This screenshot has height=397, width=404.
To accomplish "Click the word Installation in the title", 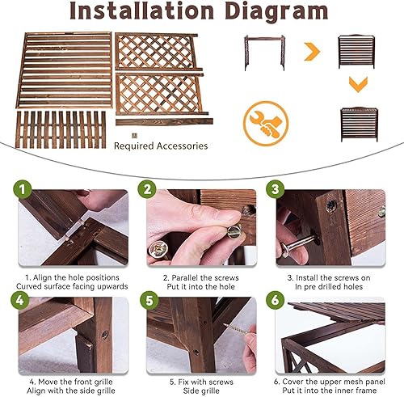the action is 141,11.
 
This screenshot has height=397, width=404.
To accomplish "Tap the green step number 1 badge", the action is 22,189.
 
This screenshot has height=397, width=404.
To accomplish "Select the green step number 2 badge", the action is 147,189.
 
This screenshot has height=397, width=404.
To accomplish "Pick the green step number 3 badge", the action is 276,189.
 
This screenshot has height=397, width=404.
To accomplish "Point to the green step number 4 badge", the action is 20,300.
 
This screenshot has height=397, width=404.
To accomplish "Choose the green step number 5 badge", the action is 149,300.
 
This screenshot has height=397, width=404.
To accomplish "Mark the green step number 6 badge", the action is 276,300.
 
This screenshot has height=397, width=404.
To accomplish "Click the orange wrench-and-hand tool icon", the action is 266,124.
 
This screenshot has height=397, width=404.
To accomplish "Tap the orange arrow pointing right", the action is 313,51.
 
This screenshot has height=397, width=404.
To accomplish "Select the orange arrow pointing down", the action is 358,84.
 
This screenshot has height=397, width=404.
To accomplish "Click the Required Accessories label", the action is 161,146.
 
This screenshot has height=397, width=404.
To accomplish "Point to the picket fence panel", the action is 61,129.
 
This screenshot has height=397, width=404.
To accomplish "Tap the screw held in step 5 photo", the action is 238,329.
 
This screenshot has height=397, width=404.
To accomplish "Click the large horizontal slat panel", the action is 65,70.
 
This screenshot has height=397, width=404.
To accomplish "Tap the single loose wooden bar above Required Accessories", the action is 164,122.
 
